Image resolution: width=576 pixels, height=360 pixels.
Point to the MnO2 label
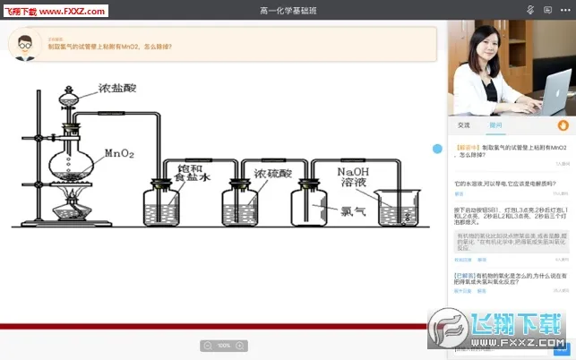119,153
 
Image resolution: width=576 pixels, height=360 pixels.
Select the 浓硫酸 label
272,173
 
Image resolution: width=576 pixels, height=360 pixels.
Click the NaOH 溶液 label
356,176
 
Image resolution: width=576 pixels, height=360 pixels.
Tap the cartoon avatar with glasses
27,43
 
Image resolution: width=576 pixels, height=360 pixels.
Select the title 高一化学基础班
288,10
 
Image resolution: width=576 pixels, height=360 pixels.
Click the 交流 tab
463,125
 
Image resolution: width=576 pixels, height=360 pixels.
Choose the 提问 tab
495,125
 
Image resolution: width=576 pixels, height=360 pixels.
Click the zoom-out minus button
208,346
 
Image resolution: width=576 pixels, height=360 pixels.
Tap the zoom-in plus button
241,346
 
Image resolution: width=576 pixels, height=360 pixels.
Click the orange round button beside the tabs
563,125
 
